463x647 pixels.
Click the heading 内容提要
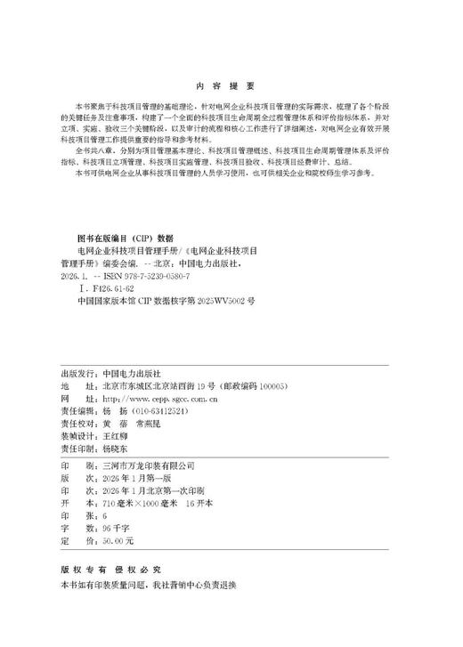[231, 85]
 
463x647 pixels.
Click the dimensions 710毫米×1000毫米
[141, 503]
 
